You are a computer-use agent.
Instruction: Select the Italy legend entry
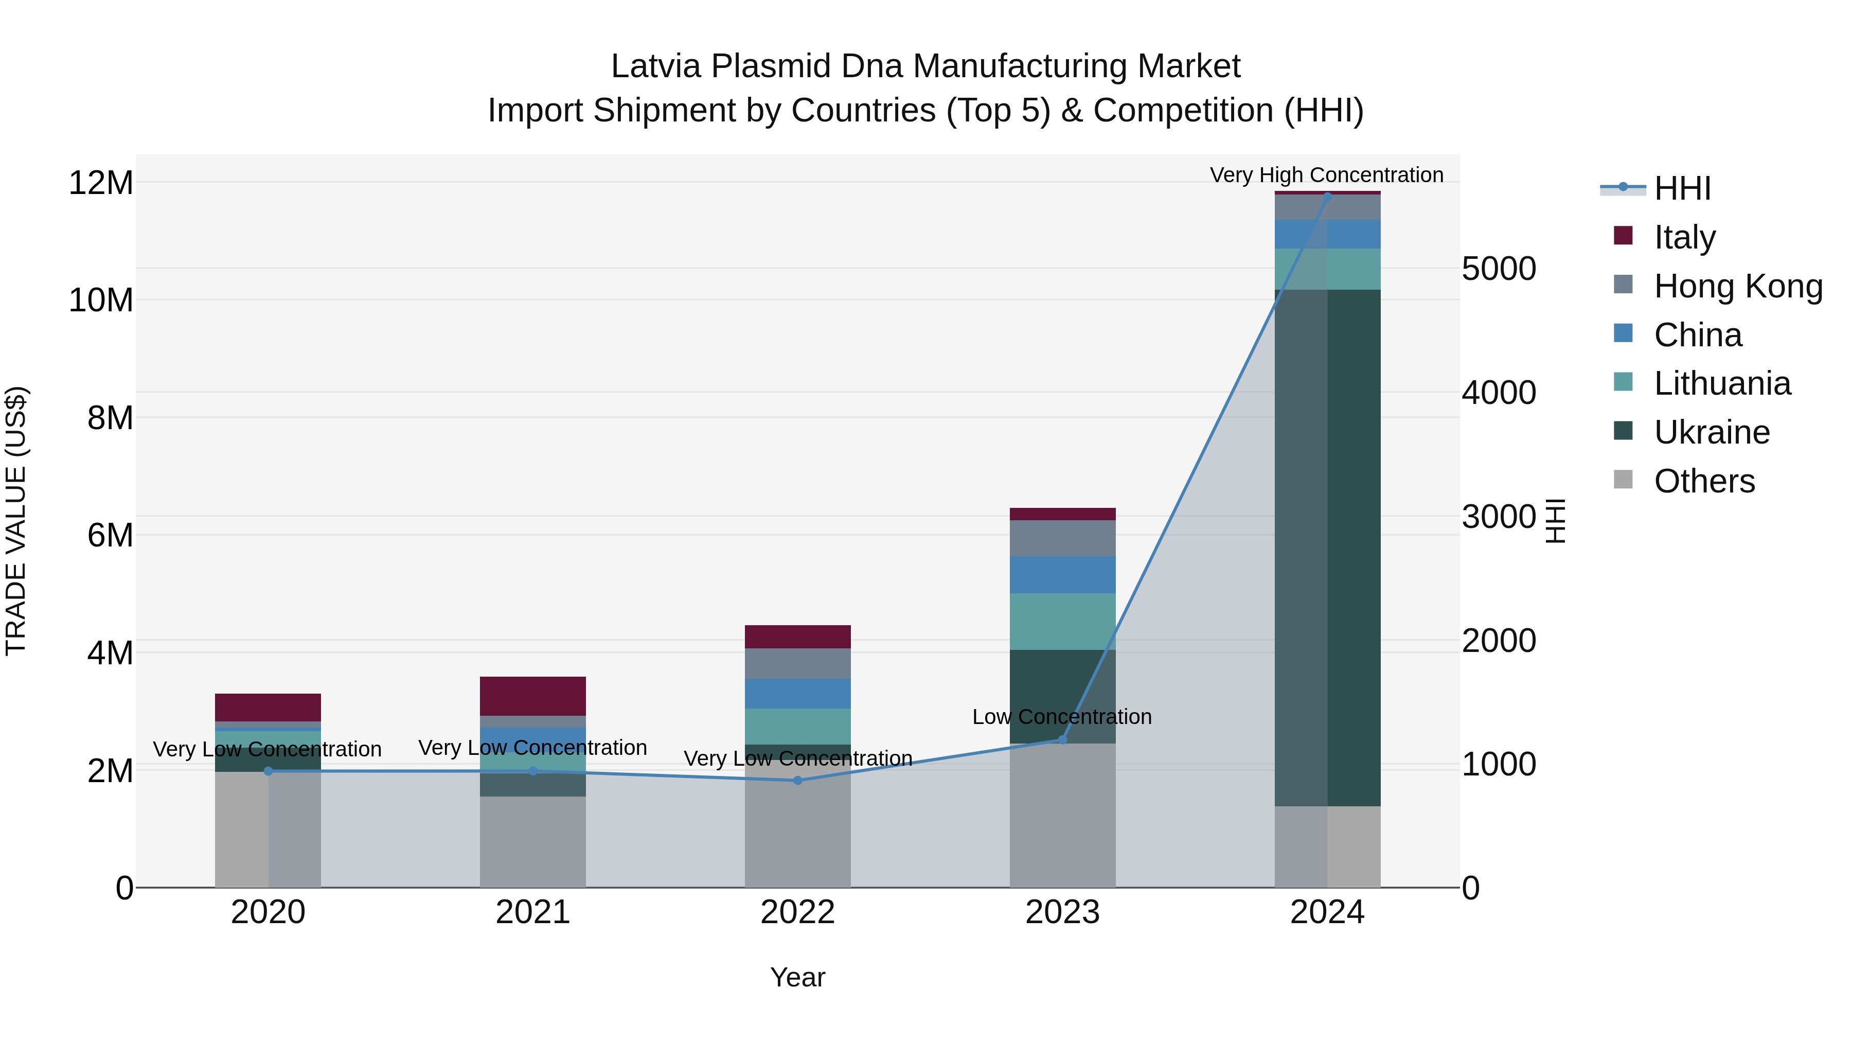tap(1684, 237)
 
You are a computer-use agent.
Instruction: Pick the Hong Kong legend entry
tap(1737, 286)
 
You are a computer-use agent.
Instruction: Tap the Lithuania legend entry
tap(1721, 383)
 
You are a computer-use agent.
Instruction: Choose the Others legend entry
tap(1703, 481)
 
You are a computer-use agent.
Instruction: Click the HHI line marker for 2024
tap(1327, 196)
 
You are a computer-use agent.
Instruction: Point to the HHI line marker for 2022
tap(797, 780)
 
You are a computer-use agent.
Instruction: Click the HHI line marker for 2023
tap(1063, 739)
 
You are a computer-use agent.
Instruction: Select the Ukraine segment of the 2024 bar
tap(1327, 546)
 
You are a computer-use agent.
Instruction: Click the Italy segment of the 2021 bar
tap(533, 695)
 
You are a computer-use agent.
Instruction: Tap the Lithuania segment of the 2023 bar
tap(1063, 621)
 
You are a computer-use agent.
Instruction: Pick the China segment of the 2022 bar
tap(797, 693)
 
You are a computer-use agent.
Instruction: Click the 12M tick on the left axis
tap(101, 183)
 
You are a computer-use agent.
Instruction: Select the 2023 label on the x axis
tap(1063, 912)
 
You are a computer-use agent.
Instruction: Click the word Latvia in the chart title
tap(656, 66)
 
